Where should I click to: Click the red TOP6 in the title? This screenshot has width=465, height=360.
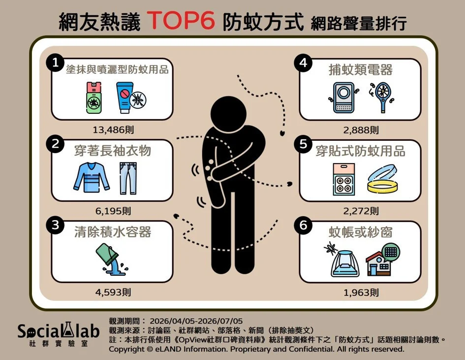point(181,21)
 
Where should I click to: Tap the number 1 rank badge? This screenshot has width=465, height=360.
point(56,63)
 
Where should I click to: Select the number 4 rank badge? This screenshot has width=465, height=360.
point(303,63)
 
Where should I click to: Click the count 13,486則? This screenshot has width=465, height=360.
point(113,130)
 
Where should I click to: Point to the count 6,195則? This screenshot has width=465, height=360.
point(113,211)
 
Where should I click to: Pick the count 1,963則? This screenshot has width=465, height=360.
point(361,293)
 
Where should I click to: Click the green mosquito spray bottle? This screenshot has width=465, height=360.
point(94,98)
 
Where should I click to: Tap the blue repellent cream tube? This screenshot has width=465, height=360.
point(124,98)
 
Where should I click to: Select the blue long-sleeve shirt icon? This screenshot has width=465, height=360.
point(92,177)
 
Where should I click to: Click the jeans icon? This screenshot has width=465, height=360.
point(128,178)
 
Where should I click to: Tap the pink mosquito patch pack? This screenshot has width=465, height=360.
point(344,179)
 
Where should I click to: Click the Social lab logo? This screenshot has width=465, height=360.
point(58,334)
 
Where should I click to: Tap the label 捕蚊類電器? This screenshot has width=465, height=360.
point(360,70)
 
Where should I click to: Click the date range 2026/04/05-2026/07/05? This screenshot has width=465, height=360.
point(196,321)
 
